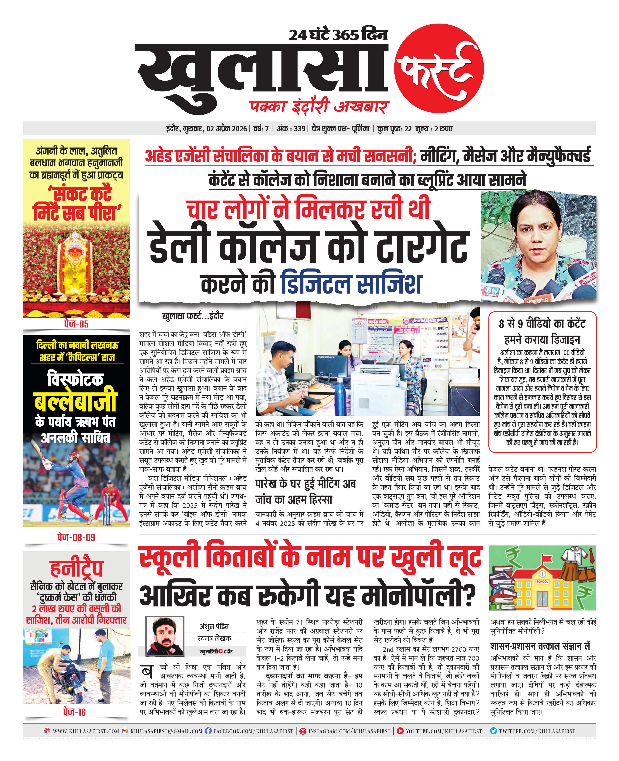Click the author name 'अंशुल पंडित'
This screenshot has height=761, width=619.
214,636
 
